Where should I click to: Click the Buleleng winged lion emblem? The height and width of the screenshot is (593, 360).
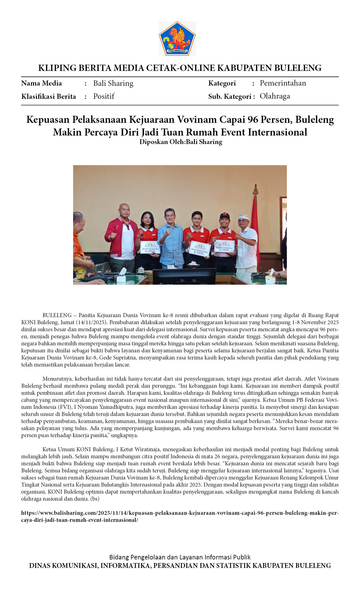(x=177, y=38)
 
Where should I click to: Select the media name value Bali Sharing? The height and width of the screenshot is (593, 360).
(x=113, y=83)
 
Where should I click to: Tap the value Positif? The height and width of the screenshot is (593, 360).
(x=104, y=96)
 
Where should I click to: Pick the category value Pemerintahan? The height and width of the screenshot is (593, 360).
(x=283, y=83)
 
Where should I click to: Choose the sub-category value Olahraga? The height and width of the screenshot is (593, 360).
(x=275, y=96)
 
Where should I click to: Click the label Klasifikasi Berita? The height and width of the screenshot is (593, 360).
(x=49, y=97)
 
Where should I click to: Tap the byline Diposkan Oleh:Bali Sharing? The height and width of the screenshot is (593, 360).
(x=181, y=142)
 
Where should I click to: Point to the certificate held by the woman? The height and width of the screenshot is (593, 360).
(x=150, y=247)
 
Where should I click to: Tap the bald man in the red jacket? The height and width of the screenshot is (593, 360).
(x=121, y=234)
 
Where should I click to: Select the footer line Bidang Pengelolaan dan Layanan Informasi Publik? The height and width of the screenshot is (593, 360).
(x=180, y=557)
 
